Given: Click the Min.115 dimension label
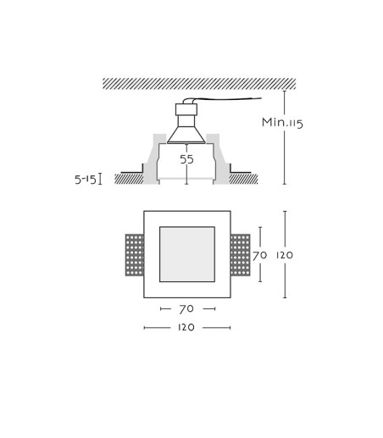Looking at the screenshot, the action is click(x=282, y=123).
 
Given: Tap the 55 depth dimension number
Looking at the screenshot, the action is click(x=186, y=159).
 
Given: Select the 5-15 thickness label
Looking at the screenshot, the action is click(x=86, y=180).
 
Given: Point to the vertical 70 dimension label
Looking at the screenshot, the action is click(x=259, y=255).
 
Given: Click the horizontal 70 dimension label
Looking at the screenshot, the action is click(x=186, y=309).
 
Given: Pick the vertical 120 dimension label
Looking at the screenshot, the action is click(x=285, y=255).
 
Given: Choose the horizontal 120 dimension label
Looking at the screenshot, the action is click(x=186, y=327).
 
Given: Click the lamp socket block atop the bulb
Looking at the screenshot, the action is click(x=186, y=109).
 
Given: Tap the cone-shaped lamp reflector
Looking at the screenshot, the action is click(x=186, y=135).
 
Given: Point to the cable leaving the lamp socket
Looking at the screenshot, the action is click(x=223, y=99).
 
